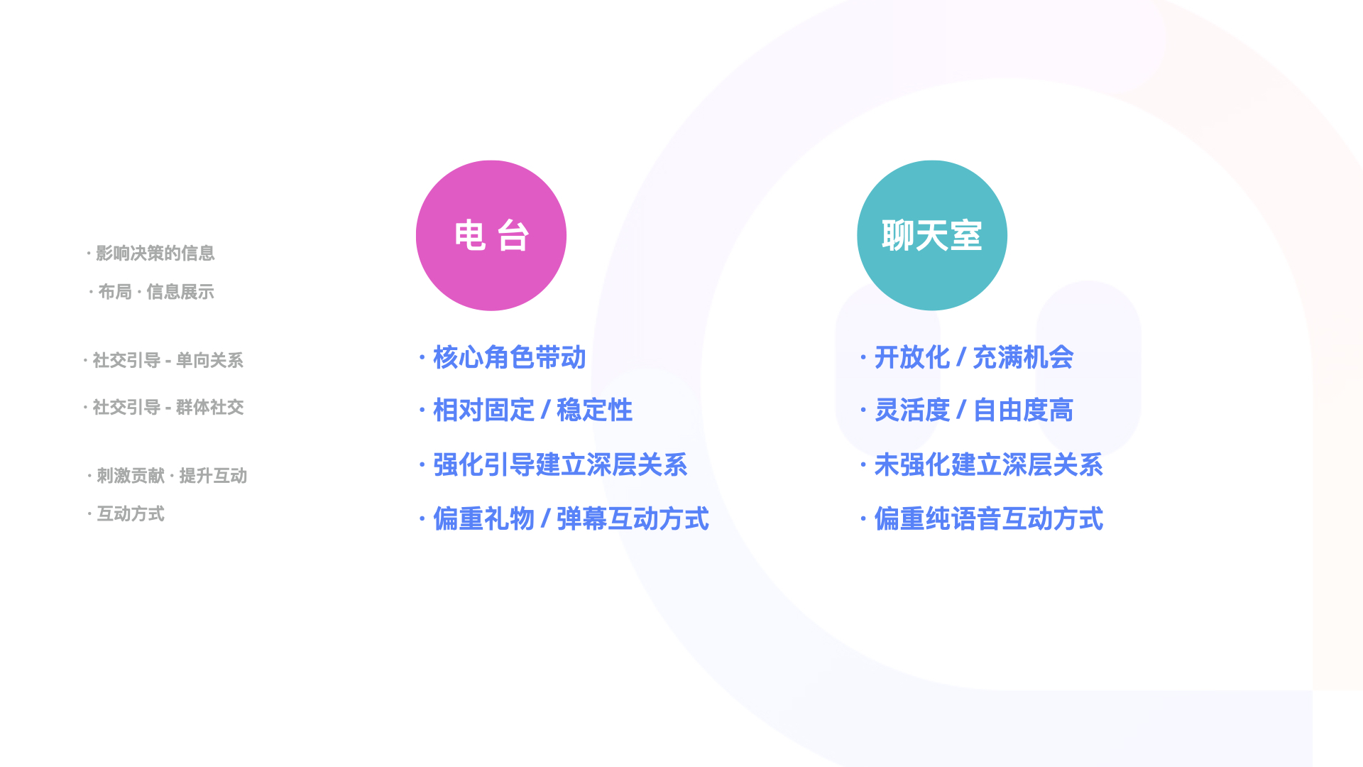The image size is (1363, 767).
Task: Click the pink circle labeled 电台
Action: [491, 235]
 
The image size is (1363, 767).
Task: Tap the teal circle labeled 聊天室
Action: [931, 235]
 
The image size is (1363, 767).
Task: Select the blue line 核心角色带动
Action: [509, 357]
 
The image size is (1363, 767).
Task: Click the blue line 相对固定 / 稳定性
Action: [532, 410]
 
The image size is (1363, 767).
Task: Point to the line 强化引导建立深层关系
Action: [559, 465]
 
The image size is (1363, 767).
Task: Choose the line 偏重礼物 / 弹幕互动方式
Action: [571, 519]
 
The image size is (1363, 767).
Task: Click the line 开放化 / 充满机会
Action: [973, 357]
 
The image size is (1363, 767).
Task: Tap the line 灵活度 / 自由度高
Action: [973, 410]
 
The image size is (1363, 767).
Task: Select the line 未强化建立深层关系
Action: [988, 465]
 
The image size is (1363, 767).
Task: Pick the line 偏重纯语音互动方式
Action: [988, 519]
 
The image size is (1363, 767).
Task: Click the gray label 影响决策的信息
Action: [155, 253]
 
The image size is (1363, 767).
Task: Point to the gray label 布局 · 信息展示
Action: [155, 292]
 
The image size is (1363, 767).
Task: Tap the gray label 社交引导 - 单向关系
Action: [168, 361]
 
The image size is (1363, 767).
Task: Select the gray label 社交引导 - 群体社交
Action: [168, 408]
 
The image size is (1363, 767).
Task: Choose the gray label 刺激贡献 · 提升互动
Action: [171, 476]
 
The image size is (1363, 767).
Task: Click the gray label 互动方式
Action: [130, 514]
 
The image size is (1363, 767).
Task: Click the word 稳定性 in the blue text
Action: [594, 410]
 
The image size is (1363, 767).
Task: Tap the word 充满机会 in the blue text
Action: [1022, 357]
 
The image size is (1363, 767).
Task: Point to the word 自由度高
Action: [1022, 410]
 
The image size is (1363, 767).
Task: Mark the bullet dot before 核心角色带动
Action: [422, 357]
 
